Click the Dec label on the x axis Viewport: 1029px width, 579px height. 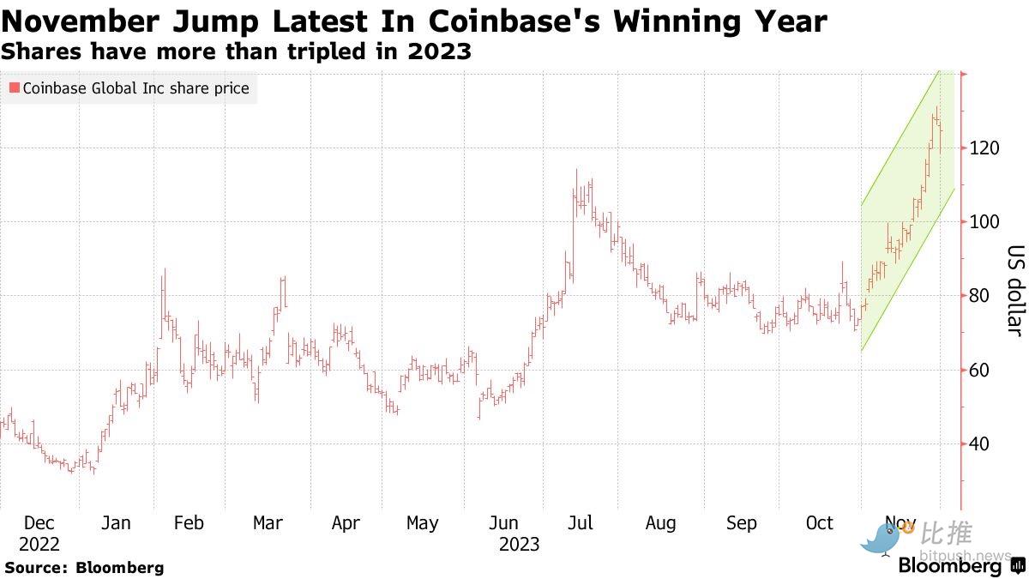click(39, 523)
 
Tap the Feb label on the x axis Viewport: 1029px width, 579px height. click(189, 523)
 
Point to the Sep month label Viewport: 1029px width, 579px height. click(742, 523)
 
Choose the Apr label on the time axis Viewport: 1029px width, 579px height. click(346, 523)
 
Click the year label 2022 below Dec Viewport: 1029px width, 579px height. click(39, 545)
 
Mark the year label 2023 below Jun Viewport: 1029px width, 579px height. click(520, 545)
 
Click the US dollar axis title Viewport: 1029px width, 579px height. click(1015, 291)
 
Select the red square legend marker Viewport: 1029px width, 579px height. click(14, 87)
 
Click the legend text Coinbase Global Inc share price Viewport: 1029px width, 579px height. click(135, 87)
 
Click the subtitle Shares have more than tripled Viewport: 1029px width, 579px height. click(236, 51)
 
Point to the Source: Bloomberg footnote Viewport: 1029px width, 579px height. click(84, 567)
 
